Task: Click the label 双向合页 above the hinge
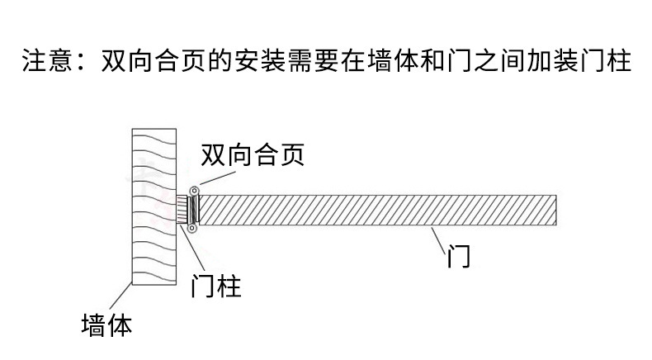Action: (253, 154)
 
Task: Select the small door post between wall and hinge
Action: (183, 210)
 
